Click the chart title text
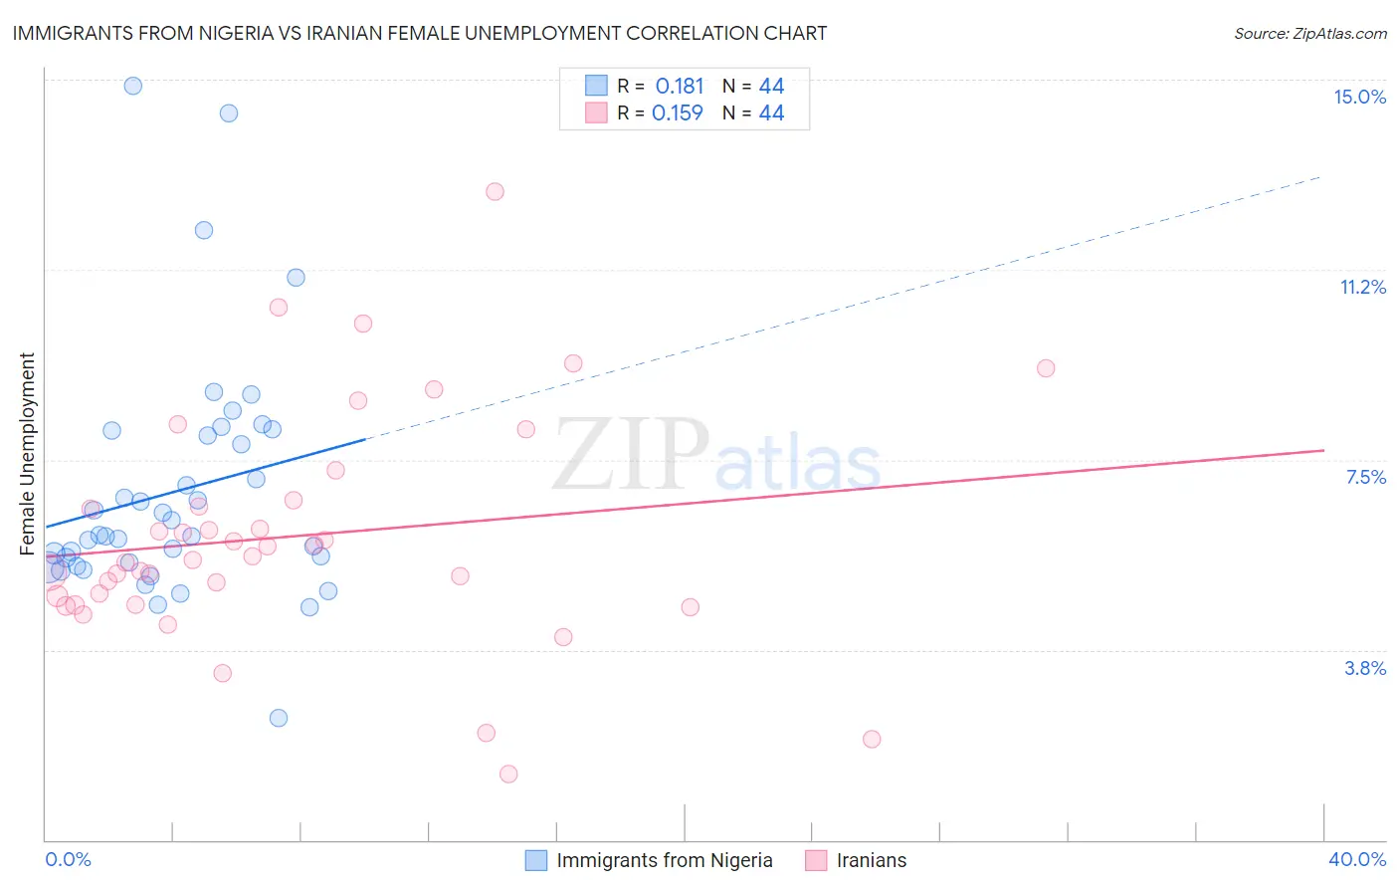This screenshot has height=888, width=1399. point(419,33)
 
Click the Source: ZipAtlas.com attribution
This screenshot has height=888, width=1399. point(1309,33)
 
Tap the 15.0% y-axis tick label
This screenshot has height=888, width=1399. point(1359,97)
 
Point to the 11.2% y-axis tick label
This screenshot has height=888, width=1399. point(1362,287)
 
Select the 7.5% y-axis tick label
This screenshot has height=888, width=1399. point(1365,477)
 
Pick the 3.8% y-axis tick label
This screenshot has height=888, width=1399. point(1365,668)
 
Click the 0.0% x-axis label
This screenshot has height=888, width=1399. point(68,859)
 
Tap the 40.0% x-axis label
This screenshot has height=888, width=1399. point(1356,859)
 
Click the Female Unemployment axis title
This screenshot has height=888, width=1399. point(27,453)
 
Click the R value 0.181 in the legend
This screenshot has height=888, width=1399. point(679,87)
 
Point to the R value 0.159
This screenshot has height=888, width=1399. point(677,113)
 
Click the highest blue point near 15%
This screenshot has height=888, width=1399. point(132,86)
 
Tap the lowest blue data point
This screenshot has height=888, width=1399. point(279,718)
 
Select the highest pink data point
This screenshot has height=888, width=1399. point(495,191)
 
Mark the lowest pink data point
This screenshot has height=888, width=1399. point(508,774)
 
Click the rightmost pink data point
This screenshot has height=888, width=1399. point(1045,368)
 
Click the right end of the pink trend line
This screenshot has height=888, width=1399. point(1323,450)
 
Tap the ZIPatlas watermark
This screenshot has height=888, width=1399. point(716,455)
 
